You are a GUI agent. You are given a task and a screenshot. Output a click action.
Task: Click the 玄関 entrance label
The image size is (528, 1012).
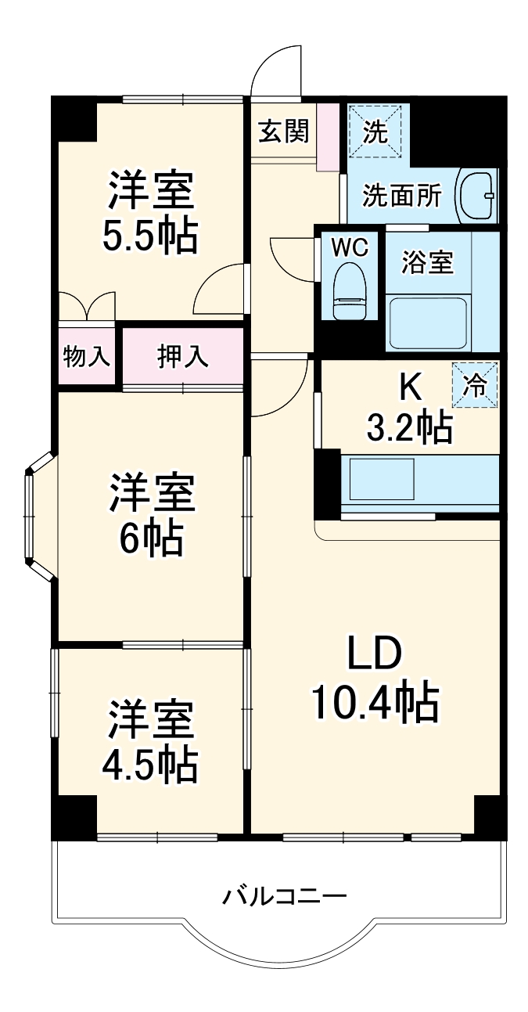point(283,131)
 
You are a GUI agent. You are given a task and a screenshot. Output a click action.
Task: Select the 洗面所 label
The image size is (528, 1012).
point(402,196)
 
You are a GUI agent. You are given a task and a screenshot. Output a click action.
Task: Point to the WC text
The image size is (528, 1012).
point(348,247)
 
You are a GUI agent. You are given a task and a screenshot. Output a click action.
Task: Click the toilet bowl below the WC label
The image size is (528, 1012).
point(348,291)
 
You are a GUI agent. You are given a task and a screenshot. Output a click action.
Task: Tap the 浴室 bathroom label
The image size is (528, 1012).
point(427,263)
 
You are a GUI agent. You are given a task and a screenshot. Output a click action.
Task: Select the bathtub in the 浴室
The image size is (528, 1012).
point(427,322)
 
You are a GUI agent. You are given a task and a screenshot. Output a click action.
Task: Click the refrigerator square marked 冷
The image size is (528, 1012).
point(474,385)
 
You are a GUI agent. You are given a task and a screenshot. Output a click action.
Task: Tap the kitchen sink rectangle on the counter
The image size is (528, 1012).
point(382,479)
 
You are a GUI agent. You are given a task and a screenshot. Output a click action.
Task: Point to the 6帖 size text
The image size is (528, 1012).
point(150,538)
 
